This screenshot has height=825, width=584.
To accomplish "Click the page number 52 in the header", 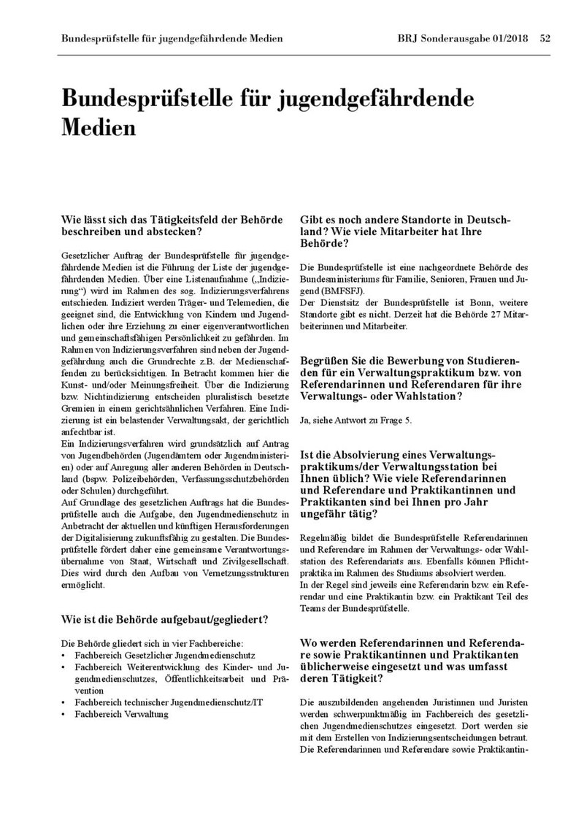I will tap(545, 38).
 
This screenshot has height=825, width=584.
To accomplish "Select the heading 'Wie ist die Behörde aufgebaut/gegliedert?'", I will tap(164, 620).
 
